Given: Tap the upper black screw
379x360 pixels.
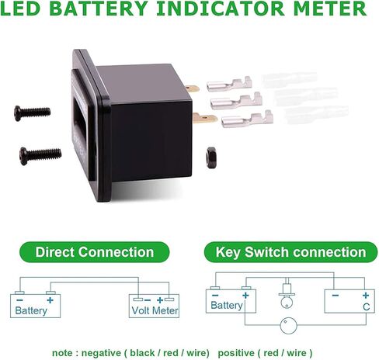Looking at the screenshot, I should tap(33, 112).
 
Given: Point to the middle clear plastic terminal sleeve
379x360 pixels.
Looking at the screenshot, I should tap(306, 96).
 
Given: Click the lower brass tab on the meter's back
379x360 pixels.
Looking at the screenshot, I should tap(204, 119).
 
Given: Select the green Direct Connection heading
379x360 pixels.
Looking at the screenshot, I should tap(95, 252).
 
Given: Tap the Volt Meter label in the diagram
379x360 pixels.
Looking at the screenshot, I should tap(155, 310).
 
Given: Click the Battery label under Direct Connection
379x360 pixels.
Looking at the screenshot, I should tap(31, 310).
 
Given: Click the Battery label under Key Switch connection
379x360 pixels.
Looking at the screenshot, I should tap(227, 306).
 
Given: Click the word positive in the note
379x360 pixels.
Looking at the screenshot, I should tap(240, 351).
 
